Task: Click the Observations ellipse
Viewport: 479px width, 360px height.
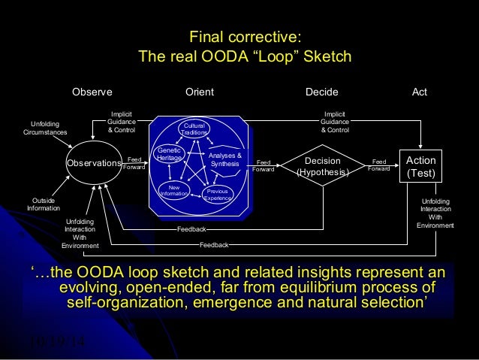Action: tap(94, 163)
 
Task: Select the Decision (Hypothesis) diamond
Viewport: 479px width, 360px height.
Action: tap(324, 166)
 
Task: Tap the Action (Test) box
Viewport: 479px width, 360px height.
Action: tap(420, 166)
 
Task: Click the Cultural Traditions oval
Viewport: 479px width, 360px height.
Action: tap(193, 129)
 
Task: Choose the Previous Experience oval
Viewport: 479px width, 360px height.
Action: tap(218, 195)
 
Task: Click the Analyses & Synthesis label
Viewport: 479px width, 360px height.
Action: tap(225, 159)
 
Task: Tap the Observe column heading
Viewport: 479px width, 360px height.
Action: tap(92, 92)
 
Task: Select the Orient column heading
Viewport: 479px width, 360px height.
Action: tap(200, 92)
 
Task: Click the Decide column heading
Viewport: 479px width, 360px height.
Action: tap(321, 92)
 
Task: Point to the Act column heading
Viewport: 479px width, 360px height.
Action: tap(420, 92)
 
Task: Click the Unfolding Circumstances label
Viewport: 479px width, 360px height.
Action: tap(44, 128)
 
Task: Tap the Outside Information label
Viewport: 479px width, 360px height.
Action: tap(42, 204)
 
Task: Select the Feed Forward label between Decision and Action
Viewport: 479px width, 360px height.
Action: tap(379, 165)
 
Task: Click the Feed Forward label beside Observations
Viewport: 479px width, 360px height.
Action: tap(134, 163)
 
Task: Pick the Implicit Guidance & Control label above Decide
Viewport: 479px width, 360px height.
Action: tap(335, 121)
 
